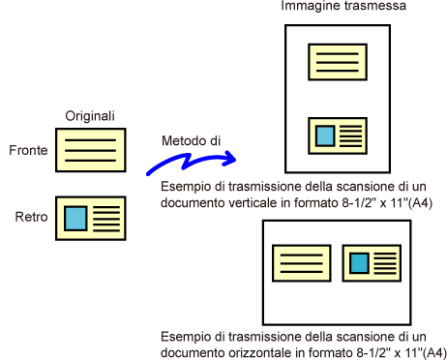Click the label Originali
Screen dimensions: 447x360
tap(90, 116)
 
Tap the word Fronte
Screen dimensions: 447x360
tap(28, 150)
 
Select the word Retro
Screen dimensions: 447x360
tap(31, 217)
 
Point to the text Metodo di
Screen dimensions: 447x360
tap(191, 140)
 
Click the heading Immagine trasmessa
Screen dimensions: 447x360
tap(343, 6)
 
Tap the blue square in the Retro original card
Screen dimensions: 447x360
tap(75, 219)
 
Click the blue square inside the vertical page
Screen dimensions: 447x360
tap(325, 136)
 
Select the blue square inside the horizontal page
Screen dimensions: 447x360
tap(360, 263)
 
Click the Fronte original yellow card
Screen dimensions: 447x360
tap(91, 150)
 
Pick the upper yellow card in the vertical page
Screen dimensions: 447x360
tap(338, 62)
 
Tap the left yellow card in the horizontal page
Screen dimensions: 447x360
tap(302, 263)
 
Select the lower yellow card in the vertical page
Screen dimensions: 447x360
tap(338, 135)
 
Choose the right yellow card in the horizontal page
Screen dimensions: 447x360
tap(372, 263)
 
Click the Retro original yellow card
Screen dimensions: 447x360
tap(91, 219)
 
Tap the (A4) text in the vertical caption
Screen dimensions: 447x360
tap(420, 203)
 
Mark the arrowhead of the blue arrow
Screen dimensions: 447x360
tap(230, 159)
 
